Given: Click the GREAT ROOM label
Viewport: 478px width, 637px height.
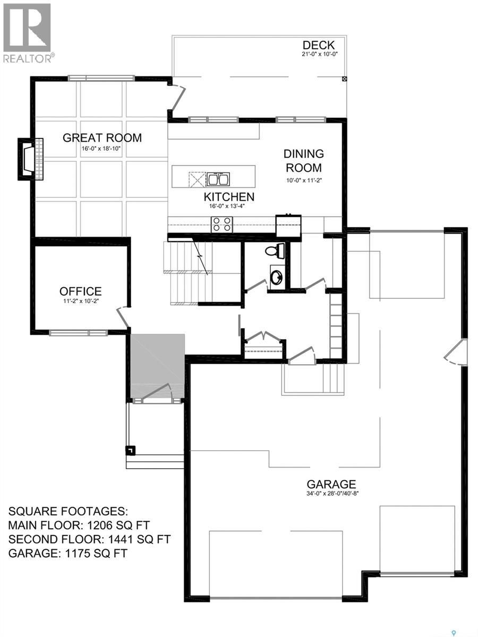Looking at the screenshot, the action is (x=102, y=138).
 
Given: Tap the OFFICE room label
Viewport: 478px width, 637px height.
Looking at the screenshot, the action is (x=81, y=291).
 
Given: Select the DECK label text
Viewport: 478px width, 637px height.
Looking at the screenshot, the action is (x=319, y=45).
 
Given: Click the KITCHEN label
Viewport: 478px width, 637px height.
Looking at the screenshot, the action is (x=229, y=197).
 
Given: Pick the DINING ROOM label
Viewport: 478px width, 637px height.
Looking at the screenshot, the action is (x=304, y=161).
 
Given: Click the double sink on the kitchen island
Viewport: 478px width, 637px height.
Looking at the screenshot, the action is (x=218, y=179).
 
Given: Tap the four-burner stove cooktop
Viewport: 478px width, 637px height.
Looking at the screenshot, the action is (x=222, y=225).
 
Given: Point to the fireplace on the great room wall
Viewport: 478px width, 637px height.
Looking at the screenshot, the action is (x=30, y=159).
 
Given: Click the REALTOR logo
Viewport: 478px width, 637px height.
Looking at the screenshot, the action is (x=28, y=33).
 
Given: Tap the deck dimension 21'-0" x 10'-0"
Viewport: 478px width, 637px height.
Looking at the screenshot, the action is (x=320, y=54).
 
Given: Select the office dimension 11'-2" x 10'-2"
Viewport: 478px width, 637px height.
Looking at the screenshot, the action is (x=81, y=301).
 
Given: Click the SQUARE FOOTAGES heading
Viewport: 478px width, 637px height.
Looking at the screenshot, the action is (x=68, y=511).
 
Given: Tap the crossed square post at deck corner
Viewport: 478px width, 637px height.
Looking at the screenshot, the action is (x=345, y=79).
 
